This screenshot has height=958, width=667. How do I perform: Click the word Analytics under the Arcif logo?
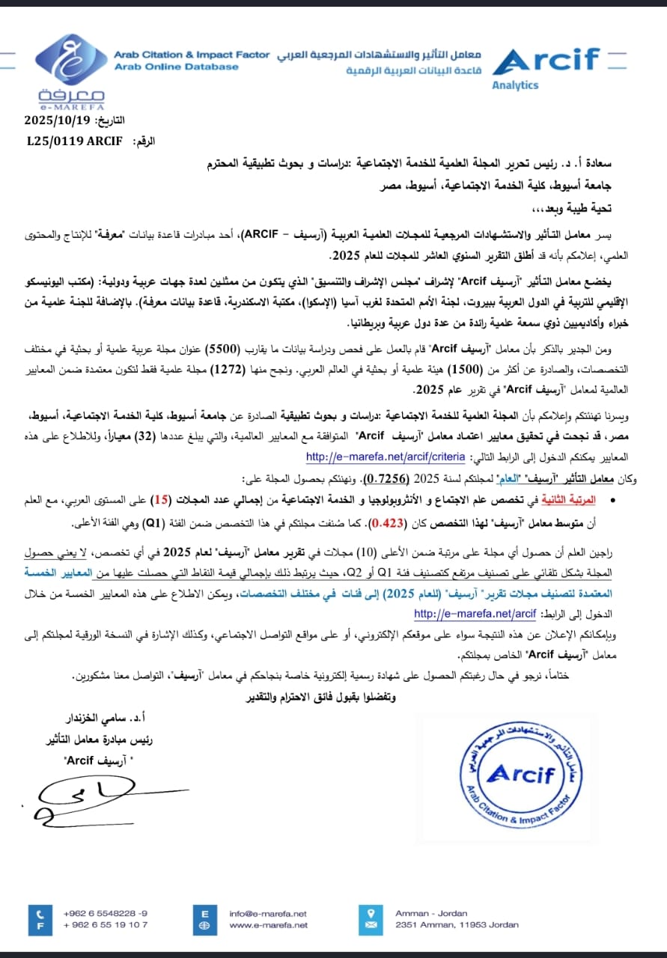click(x=515, y=85)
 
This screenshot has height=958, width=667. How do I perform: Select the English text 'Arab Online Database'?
click(x=176, y=67)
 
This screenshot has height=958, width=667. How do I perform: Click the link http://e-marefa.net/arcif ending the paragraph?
click(x=475, y=614)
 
